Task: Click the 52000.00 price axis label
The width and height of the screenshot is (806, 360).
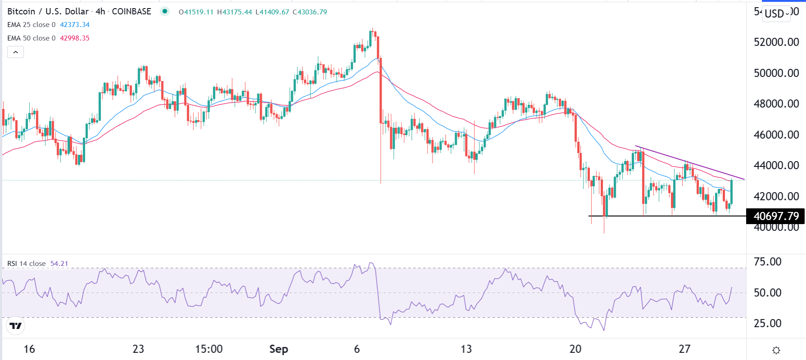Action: coord(776,42)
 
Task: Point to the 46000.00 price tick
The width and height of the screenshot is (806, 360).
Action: coord(776,135)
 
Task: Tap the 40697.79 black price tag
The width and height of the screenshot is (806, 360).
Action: coord(776,216)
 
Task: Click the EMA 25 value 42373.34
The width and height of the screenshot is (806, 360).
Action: coord(75,25)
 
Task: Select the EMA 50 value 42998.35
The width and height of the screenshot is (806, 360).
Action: coord(75,38)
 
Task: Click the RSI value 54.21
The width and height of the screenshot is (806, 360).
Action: coord(59,264)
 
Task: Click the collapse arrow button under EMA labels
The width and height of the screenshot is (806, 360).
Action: coord(15,52)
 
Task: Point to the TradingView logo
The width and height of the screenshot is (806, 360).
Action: coord(16,326)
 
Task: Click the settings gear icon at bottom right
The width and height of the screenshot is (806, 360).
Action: coord(776,350)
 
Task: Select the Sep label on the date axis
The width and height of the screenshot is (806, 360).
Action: coord(279,349)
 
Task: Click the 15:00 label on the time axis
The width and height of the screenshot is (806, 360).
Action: coord(209,349)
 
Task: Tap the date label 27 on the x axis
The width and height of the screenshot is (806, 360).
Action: coord(684,349)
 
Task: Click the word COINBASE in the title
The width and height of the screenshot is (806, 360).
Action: coord(131,12)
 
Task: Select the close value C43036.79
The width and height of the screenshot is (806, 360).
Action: coord(310,12)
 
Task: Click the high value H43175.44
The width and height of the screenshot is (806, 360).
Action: coord(234,12)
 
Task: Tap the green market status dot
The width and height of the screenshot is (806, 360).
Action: coord(165,12)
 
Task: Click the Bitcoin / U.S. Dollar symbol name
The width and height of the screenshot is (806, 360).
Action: coord(48,12)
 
